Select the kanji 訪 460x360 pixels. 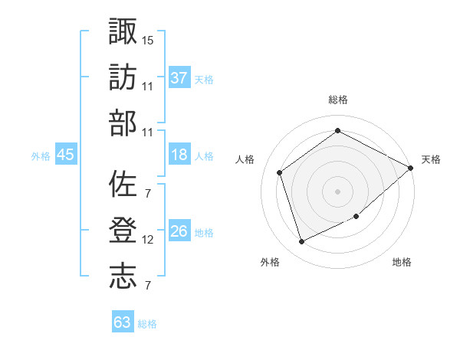(x=123, y=78)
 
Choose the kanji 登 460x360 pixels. (x=123, y=231)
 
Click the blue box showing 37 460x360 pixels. (x=179, y=77)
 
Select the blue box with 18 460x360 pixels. (x=179, y=155)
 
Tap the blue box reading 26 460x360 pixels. (x=179, y=231)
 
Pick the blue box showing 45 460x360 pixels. (x=66, y=155)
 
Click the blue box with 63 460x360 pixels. (x=123, y=322)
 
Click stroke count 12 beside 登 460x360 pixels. (x=148, y=240)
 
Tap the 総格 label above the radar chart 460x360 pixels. (x=338, y=100)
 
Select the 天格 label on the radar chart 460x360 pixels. (x=431, y=159)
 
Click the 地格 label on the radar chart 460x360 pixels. (x=402, y=262)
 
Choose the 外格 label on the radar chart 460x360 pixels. (x=270, y=262)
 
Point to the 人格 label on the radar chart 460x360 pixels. (x=246, y=159)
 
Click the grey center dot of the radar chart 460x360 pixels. (x=337, y=191)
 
